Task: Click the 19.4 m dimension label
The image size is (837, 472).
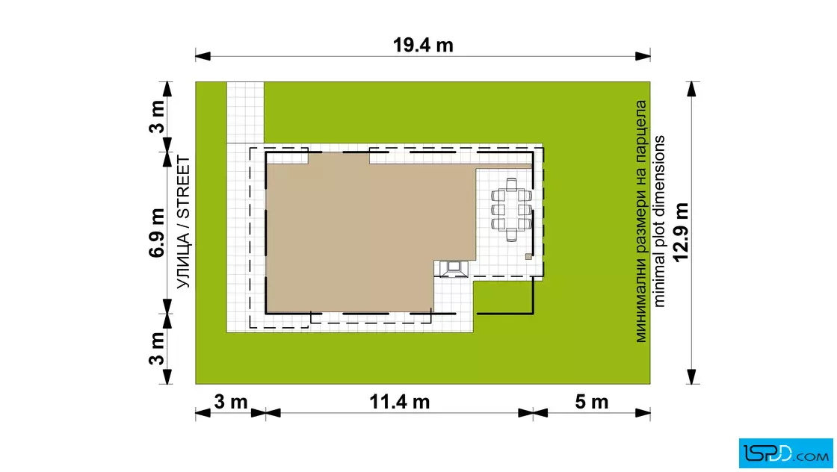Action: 423,46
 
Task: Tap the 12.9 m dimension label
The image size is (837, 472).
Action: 681,232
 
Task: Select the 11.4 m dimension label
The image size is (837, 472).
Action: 399,402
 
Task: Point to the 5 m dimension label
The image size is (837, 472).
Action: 591,402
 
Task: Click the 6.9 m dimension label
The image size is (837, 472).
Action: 157,233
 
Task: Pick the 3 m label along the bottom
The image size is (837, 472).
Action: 231,402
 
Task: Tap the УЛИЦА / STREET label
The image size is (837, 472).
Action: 183,223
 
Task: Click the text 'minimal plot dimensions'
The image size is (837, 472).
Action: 660,221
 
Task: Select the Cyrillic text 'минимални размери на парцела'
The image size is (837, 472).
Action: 640,221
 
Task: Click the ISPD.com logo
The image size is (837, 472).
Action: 785,453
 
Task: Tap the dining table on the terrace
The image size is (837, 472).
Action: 511,211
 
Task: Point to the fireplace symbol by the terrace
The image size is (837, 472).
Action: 453,269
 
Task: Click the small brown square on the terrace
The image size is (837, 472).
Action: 528,256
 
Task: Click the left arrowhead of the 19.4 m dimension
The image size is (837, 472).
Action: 203,56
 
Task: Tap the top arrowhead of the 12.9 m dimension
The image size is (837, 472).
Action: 692,89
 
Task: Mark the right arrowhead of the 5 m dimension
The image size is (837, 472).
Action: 643,413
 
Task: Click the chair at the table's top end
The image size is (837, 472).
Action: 511,184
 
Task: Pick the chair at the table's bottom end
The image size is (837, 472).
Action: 511,235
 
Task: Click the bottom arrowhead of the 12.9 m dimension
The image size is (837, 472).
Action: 692,376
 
